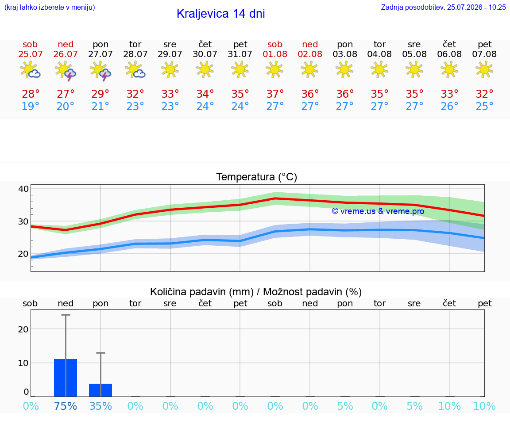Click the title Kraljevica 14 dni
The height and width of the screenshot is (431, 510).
click(x=221, y=14)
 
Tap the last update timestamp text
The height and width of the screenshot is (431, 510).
click(x=443, y=7)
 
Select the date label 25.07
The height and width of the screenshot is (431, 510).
click(x=30, y=54)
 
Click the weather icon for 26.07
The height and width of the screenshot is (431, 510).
click(x=66, y=70)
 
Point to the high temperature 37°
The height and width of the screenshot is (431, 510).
click(x=275, y=94)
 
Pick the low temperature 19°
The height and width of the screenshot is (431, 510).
click(x=30, y=106)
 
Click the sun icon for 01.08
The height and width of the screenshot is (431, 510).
click(x=274, y=69)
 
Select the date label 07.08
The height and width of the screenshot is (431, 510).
click(x=484, y=54)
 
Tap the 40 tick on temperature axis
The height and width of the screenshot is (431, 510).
click(x=24, y=189)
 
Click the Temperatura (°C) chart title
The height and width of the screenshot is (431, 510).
click(x=257, y=177)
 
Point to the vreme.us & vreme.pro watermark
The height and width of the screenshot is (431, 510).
click(x=378, y=211)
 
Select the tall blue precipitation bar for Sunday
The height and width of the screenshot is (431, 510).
click(x=66, y=378)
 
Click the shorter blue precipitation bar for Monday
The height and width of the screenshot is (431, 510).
click(x=100, y=390)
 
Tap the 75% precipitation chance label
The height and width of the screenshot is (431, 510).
click(x=66, y=406)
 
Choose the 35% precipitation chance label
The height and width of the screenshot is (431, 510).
click(x=100, y=406)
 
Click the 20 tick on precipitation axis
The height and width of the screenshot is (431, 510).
click(x=23, y=329)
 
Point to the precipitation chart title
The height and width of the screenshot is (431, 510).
click(x=256, y=292)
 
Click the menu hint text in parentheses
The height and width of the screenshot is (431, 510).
click(x=50, y=7)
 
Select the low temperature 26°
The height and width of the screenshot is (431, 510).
click(x=449, y=106)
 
